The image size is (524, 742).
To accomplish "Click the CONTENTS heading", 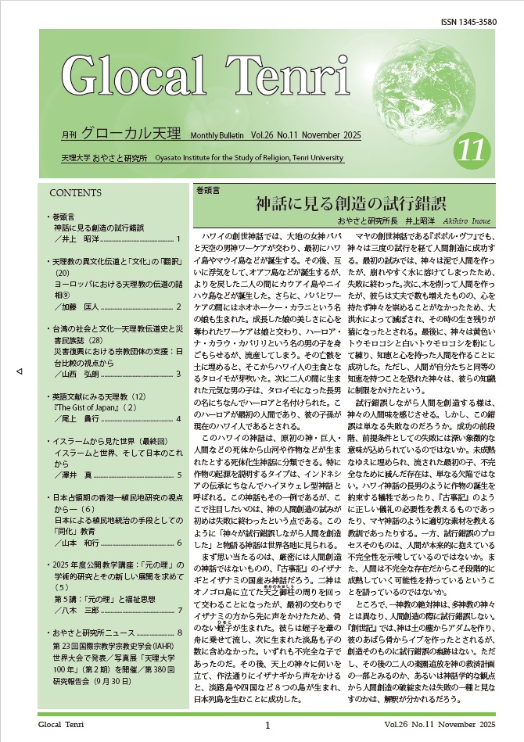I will point(74,192).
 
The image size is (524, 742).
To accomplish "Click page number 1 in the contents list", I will point(179,239).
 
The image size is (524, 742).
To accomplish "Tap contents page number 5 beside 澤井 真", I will point(179,475).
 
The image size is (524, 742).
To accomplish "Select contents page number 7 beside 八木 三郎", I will point(179,610).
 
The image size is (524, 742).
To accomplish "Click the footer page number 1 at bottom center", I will point(267,726).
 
